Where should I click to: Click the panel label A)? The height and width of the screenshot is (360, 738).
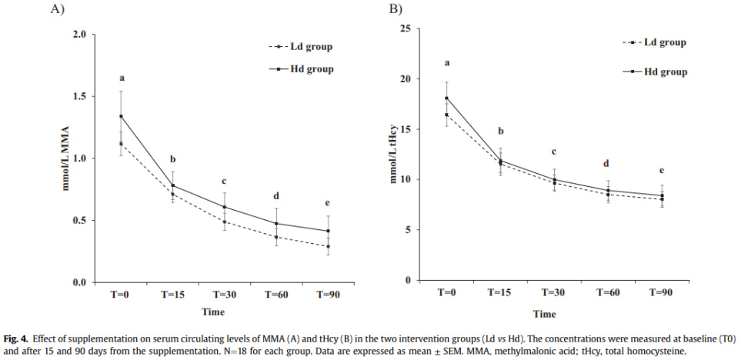click(x=59, y=8)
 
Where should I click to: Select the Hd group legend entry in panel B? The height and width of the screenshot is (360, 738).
click(x=665, y=72)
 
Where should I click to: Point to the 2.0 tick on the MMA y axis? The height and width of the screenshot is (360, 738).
click(x=78, y=35)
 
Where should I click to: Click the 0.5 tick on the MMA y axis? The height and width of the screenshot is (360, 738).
click(x=78, y=221)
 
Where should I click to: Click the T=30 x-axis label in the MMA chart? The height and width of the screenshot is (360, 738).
click(x=225, y=295)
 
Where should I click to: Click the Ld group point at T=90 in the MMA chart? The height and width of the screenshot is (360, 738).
click(x=328, y=247)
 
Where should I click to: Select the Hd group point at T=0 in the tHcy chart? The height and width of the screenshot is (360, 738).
click(x=446, y=98)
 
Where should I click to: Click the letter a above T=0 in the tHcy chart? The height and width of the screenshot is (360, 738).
click(x=446, y=63)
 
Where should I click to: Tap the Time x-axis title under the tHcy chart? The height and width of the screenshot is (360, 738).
click(x=545, y=314)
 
